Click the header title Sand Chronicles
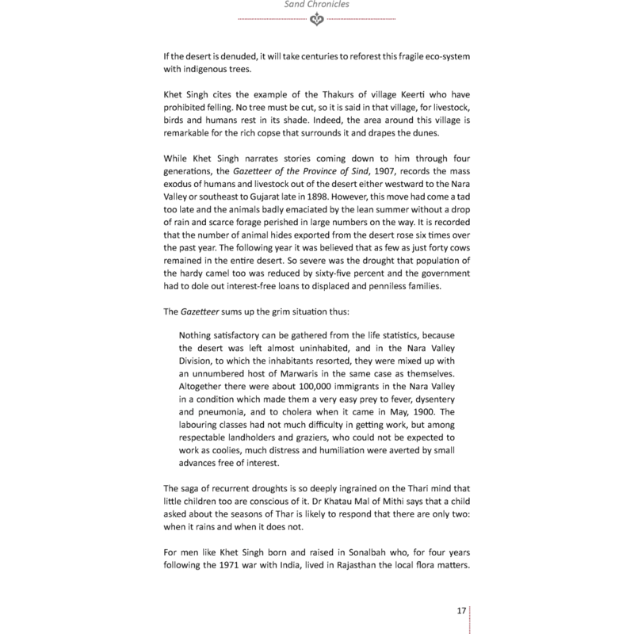[x=316, y=4]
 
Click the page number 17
[x=461, y=610]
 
